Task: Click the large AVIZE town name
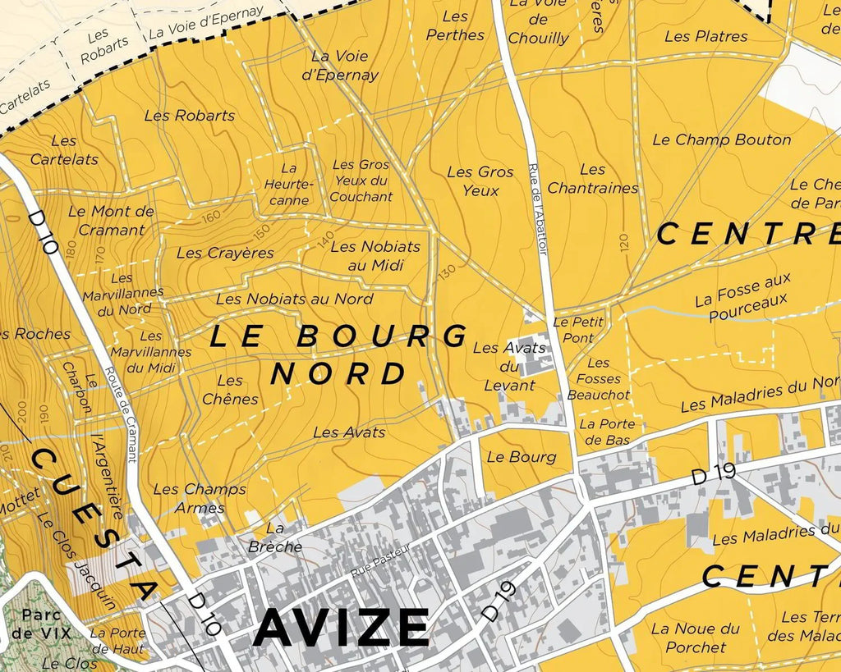coord(341,628)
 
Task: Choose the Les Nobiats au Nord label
coord(294,299)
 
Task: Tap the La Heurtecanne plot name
coord(287,185)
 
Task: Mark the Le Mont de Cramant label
coord(111,220)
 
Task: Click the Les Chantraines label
coord(592,179)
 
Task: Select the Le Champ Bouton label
coord(721,139)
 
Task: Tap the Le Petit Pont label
coord(578,329)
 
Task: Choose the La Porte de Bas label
coord(607,432)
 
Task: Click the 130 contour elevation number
coord(448,270)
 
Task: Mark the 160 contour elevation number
coord(215,217)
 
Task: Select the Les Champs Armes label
coord(200,498)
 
